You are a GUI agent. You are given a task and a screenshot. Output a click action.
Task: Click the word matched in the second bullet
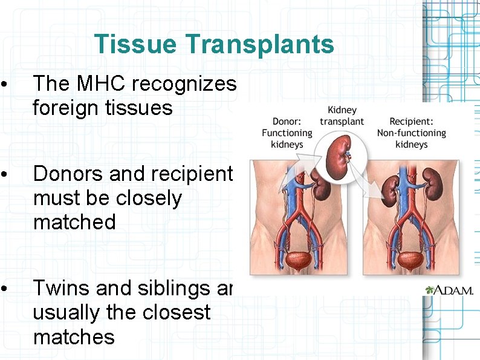pyautogui.click(x=74, y=221)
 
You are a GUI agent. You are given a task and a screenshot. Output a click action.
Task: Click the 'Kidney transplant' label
pyautogui.click(x=342, y=116)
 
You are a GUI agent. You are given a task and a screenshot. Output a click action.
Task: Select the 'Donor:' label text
pyautogui.click(x=287, y=121)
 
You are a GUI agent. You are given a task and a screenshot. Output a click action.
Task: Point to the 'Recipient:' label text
pyautogui.click(x=411, y=121)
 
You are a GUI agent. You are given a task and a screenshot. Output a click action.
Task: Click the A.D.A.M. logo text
pyautogui.click(x=454, y=290)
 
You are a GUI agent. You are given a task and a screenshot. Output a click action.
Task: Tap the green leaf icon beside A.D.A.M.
pyautogui.click(x=430, y=290)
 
